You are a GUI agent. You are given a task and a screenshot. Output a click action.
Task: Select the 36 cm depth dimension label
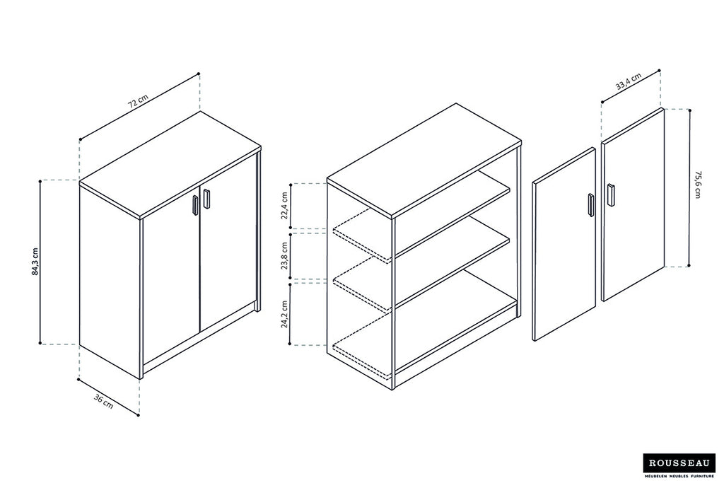103,401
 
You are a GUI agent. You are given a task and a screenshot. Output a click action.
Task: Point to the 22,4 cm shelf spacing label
285,206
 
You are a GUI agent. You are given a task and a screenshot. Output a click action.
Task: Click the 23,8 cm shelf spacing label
285,255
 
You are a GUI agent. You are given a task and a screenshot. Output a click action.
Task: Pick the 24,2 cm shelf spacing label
285,313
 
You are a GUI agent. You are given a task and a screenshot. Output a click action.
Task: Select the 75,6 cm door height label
698,185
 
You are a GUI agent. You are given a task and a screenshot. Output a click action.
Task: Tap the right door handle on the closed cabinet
206,198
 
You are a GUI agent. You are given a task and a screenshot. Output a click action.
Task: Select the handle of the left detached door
590,204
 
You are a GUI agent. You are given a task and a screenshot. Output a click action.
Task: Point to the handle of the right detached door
610,194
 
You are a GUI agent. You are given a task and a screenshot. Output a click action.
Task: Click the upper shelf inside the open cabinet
452,212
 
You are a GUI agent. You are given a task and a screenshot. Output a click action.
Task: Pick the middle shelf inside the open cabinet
452,262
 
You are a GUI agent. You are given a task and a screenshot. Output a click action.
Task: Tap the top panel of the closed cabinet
170,163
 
